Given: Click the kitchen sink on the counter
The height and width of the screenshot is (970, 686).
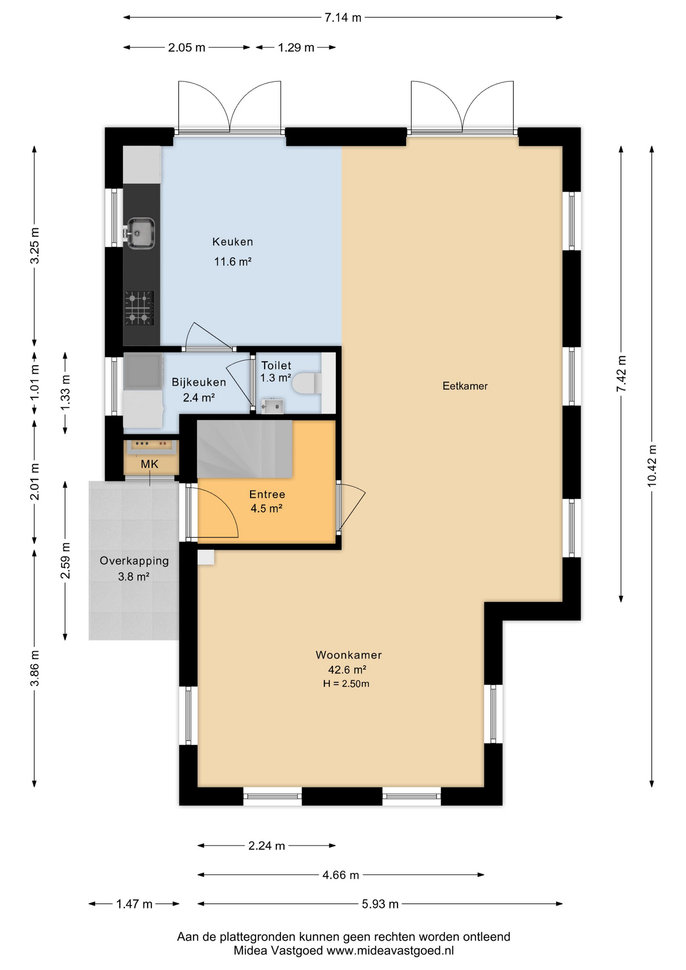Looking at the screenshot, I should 140,233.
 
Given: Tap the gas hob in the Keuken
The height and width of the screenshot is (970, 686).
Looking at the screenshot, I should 139,308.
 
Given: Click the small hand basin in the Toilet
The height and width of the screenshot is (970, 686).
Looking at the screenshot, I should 272,406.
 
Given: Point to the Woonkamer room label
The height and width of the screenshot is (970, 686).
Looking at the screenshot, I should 349,655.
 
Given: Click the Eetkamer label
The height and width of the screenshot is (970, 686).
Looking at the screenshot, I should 465,386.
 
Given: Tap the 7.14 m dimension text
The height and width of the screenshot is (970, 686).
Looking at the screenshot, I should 343,18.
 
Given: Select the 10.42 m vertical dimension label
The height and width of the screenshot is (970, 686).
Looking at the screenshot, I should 652,465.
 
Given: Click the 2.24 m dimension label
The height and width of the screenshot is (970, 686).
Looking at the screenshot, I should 267,846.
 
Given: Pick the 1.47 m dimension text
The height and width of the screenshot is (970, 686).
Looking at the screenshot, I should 134,904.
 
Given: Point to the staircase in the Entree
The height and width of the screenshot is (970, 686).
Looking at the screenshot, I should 244,449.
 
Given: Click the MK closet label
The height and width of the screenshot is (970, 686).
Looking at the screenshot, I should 150,464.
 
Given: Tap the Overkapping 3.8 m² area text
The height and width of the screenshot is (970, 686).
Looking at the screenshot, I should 134,576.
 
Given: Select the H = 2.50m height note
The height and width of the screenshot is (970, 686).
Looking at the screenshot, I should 346,684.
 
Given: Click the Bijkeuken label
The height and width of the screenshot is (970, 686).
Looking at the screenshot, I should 199,382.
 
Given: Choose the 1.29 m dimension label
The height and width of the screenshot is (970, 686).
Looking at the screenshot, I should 296,47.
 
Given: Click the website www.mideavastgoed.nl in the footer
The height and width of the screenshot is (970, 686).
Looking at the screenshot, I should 389,950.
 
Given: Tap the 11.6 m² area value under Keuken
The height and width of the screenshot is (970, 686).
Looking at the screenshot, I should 233,262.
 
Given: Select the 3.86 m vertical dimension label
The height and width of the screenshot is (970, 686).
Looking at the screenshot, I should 34,668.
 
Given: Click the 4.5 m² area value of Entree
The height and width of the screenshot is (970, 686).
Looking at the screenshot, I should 266,508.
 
